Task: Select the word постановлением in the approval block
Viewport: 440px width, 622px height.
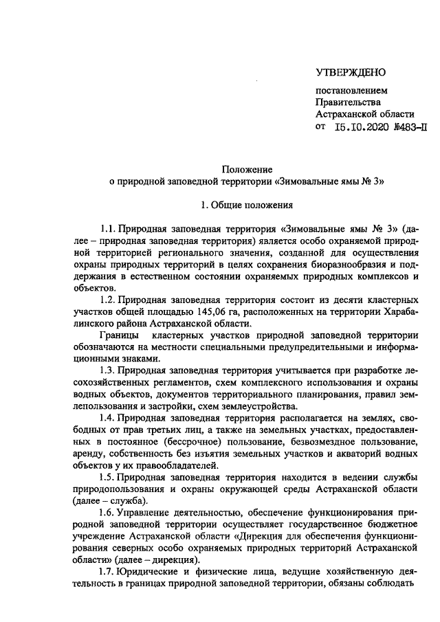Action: (351, 91)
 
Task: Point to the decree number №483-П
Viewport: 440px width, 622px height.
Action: (412, 126)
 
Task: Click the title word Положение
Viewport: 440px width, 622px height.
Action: (247, 169)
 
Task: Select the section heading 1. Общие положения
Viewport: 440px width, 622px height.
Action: (247, 204)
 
